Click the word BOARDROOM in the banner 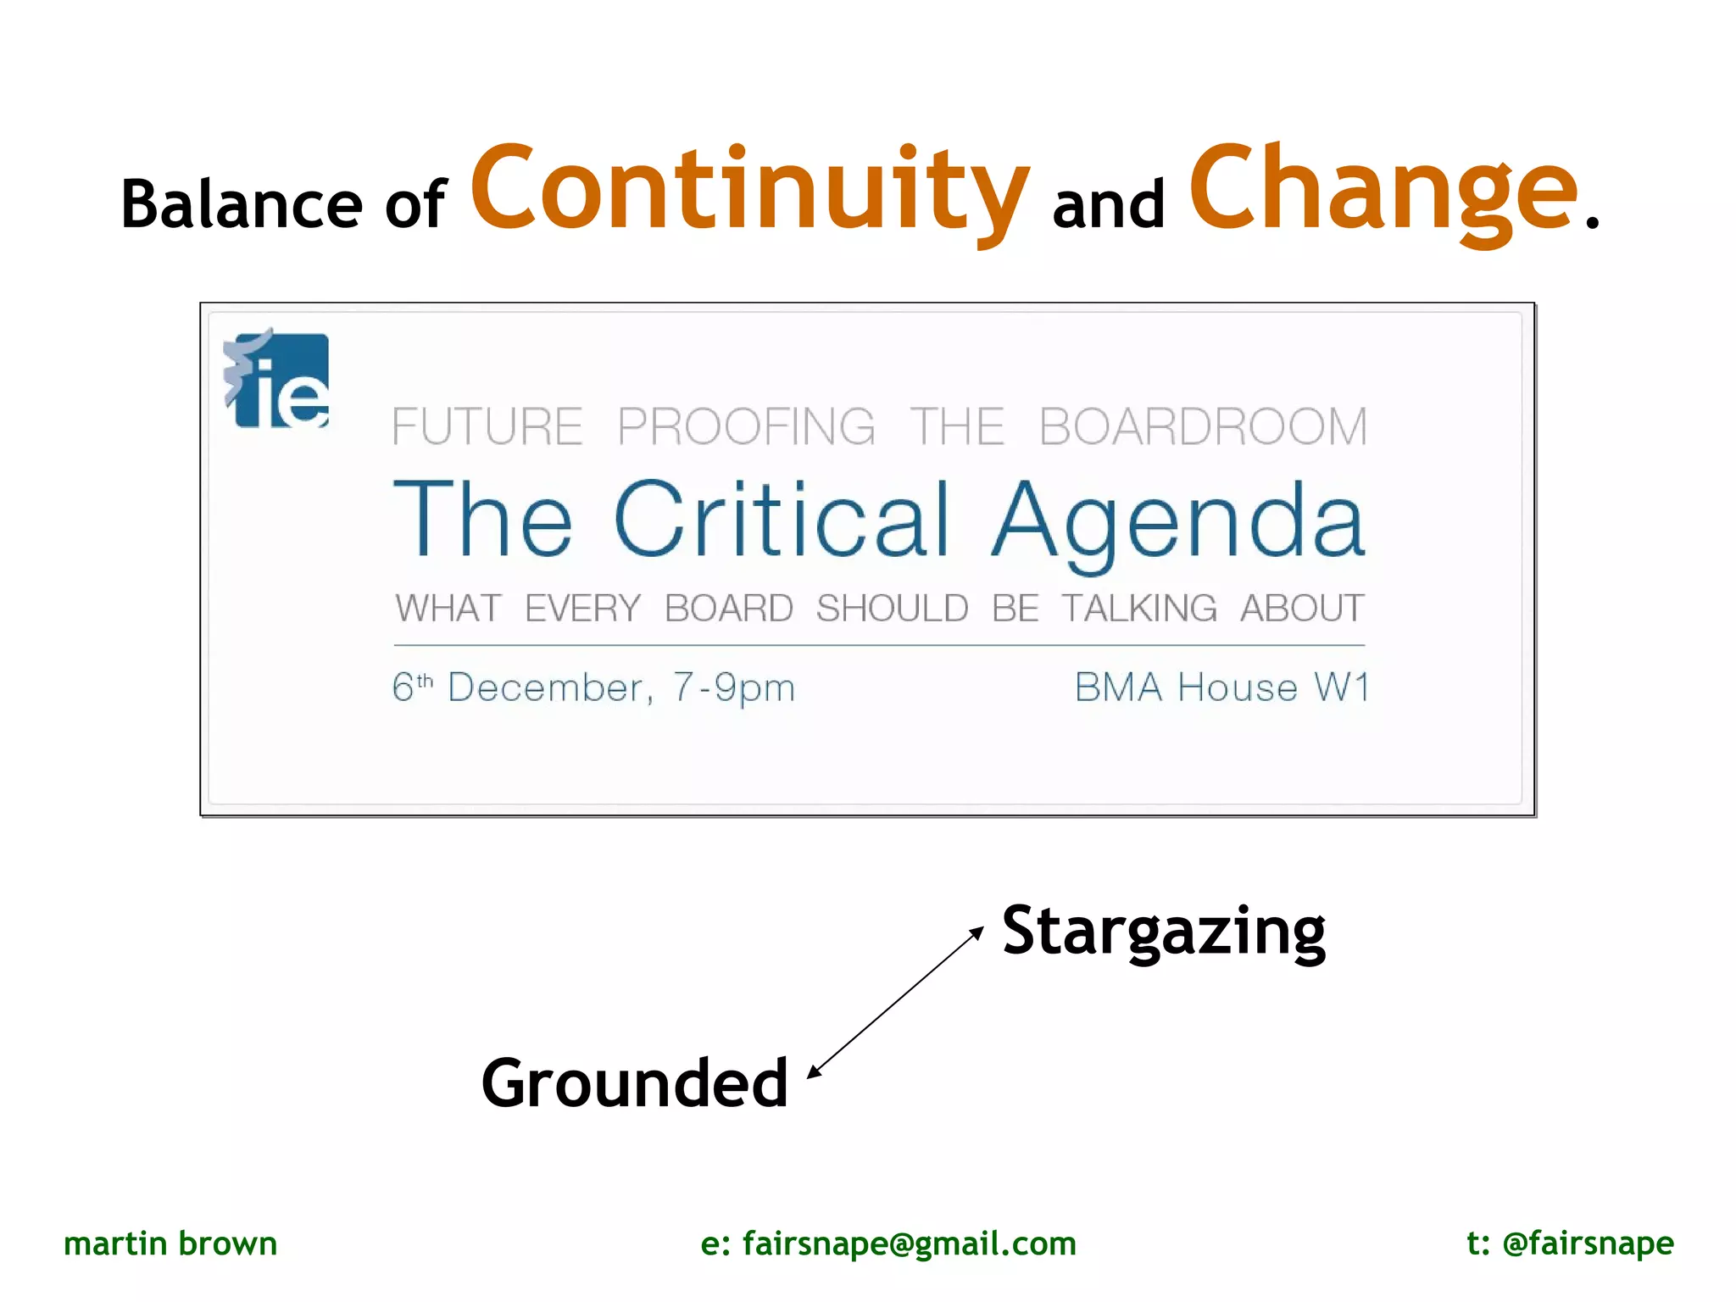coord(1203,426)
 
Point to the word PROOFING coord(746,426)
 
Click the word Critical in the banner coord(782,519)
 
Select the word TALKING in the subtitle coord(1139,609)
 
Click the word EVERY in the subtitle coord(582,609)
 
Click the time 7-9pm coord(734,687)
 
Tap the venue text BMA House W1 coord(1221,687)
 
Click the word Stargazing coord(1164,932)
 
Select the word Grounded coord(635,1084)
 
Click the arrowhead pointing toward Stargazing coord(978,932)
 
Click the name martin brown coord(170,1244)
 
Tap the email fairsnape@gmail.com coord(910,1244)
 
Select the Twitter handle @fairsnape coord(1588,1244)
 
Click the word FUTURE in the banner coord(487,426)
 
